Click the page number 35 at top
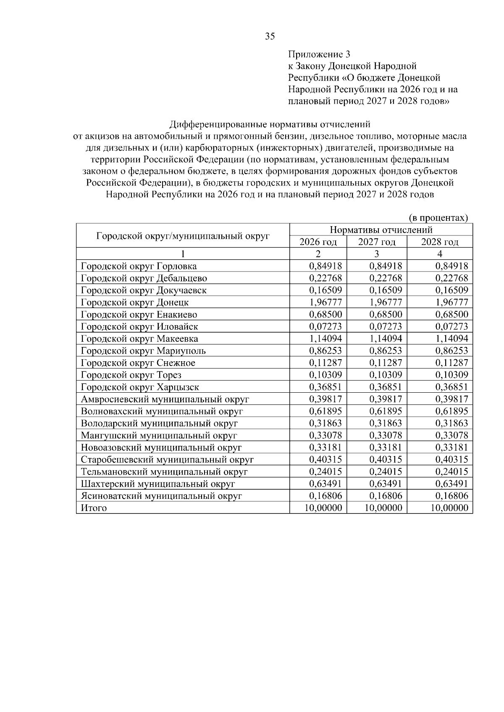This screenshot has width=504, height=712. pyautogui.click(x=270, y=37)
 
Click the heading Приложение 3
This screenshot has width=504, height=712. pyautogui.click(x=319, y=54)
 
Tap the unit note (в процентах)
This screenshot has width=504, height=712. pyautogui.click(x=438, y=218)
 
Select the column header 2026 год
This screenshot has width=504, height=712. pyautogui.click(x=318, y=242)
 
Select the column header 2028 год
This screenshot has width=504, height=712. pyautogui.click(x=439, y=242)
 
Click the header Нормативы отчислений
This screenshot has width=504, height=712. pyautogui.click(x=381, y=230)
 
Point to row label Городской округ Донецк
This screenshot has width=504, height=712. pyautogui.click(x=134, y=303)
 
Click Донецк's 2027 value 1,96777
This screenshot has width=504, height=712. pyautogui.click(x=385, y=303)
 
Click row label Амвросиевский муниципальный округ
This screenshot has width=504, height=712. pyautogui.click(x=165, y=399)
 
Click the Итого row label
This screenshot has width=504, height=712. pyautogui.click(x=94, y=508)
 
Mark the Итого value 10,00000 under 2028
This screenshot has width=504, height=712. pyautogui.click(x=449, y=508)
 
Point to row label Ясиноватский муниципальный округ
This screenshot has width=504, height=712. pyautogui.click(x=161, y=496)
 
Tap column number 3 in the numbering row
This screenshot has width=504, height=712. pyautogui.click(x=376, y=254)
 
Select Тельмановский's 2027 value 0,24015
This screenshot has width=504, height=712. pyautogui.click(x=385, y=472)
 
